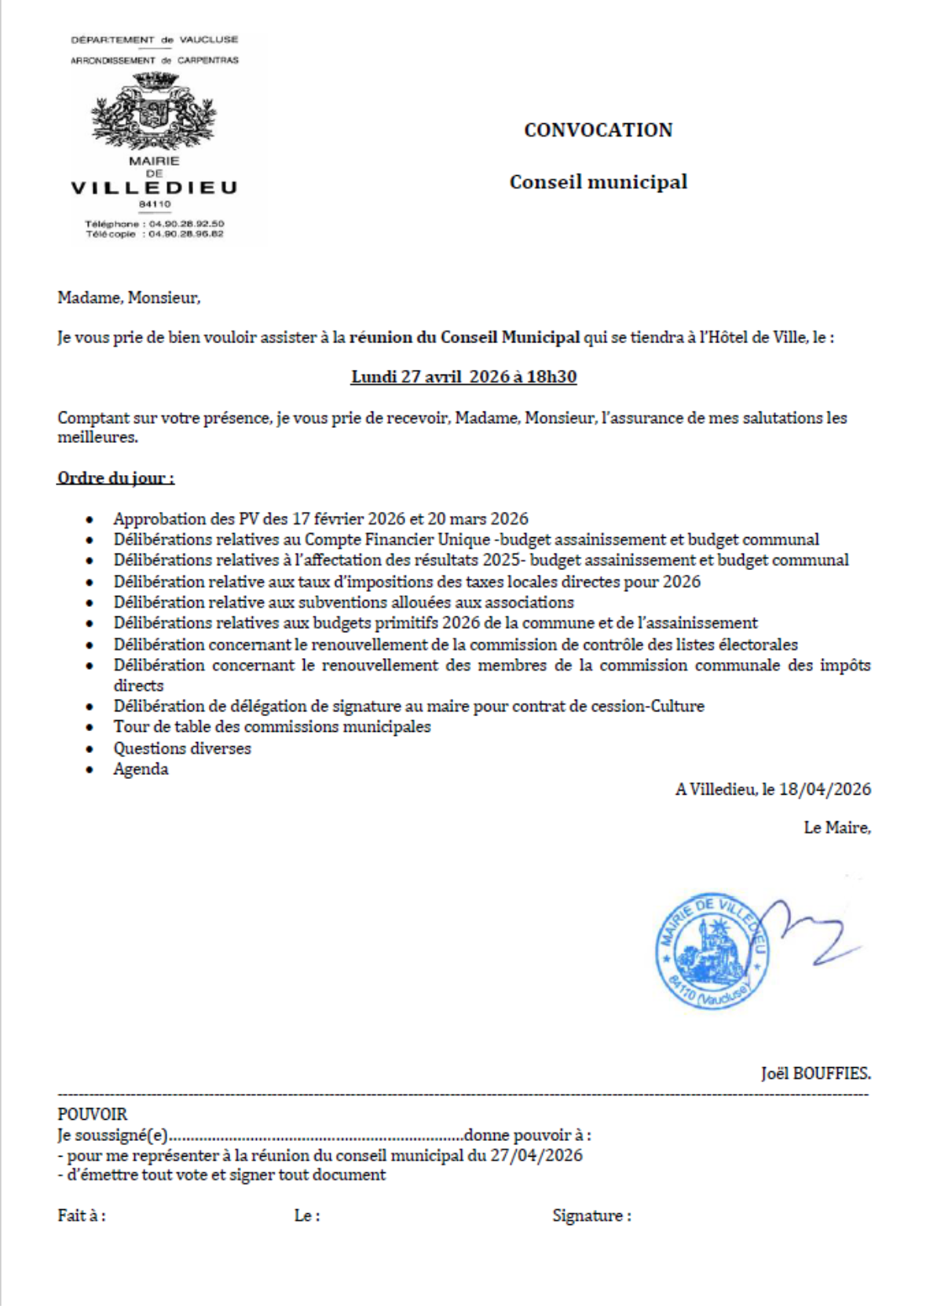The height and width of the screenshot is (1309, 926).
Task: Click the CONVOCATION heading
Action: pos(598,130)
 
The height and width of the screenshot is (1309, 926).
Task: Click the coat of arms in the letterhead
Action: pos(154,111)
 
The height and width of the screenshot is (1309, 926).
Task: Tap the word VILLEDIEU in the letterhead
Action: pos(154,188)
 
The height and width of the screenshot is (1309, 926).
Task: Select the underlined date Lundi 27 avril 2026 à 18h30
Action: pos(463,377)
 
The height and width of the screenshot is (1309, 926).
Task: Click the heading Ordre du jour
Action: pos(115,478)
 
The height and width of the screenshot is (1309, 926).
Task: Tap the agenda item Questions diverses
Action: pos(182,748)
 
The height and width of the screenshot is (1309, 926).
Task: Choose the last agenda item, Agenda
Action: pos(141,769)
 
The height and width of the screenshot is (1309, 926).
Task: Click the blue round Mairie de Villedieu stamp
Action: pos(711,951)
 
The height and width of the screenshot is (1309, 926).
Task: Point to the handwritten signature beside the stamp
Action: pos(813,934)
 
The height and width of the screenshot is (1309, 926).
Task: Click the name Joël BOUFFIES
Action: pos(815,1073)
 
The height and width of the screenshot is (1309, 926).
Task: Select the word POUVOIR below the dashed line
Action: pos(92,1114)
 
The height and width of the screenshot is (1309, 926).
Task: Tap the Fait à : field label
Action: pos(82,1216)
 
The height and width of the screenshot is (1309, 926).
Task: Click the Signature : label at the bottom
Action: pos(591,1216)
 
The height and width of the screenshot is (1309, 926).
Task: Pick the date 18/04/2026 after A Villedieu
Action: pos(825,789)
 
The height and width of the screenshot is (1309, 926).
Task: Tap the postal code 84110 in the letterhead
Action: pos(155,204)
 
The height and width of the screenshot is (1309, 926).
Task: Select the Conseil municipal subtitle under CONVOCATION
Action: pos(598,182)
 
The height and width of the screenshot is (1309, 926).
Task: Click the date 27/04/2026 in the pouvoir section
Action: pos(536,1155)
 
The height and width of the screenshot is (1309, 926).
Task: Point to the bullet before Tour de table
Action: pos(91,728)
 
